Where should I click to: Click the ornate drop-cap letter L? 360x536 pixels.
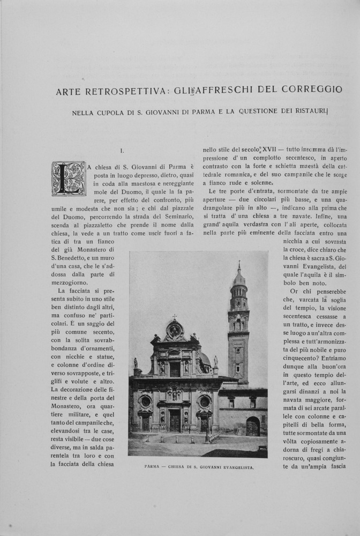point(69,178)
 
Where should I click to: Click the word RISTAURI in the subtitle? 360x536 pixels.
point(307,112)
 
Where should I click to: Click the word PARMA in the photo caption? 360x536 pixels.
point(154,467)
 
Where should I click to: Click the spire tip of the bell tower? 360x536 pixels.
point(239,264)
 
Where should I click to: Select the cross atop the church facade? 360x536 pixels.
point(174,317)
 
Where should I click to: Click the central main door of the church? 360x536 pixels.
point(175,420)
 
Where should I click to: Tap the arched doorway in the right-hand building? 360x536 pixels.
point(253,427)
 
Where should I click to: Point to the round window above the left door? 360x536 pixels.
point(145,401)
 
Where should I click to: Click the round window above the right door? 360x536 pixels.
point(205,401)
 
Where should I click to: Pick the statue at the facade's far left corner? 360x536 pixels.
point(136,364)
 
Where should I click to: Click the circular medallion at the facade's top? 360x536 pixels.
point(174,331)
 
